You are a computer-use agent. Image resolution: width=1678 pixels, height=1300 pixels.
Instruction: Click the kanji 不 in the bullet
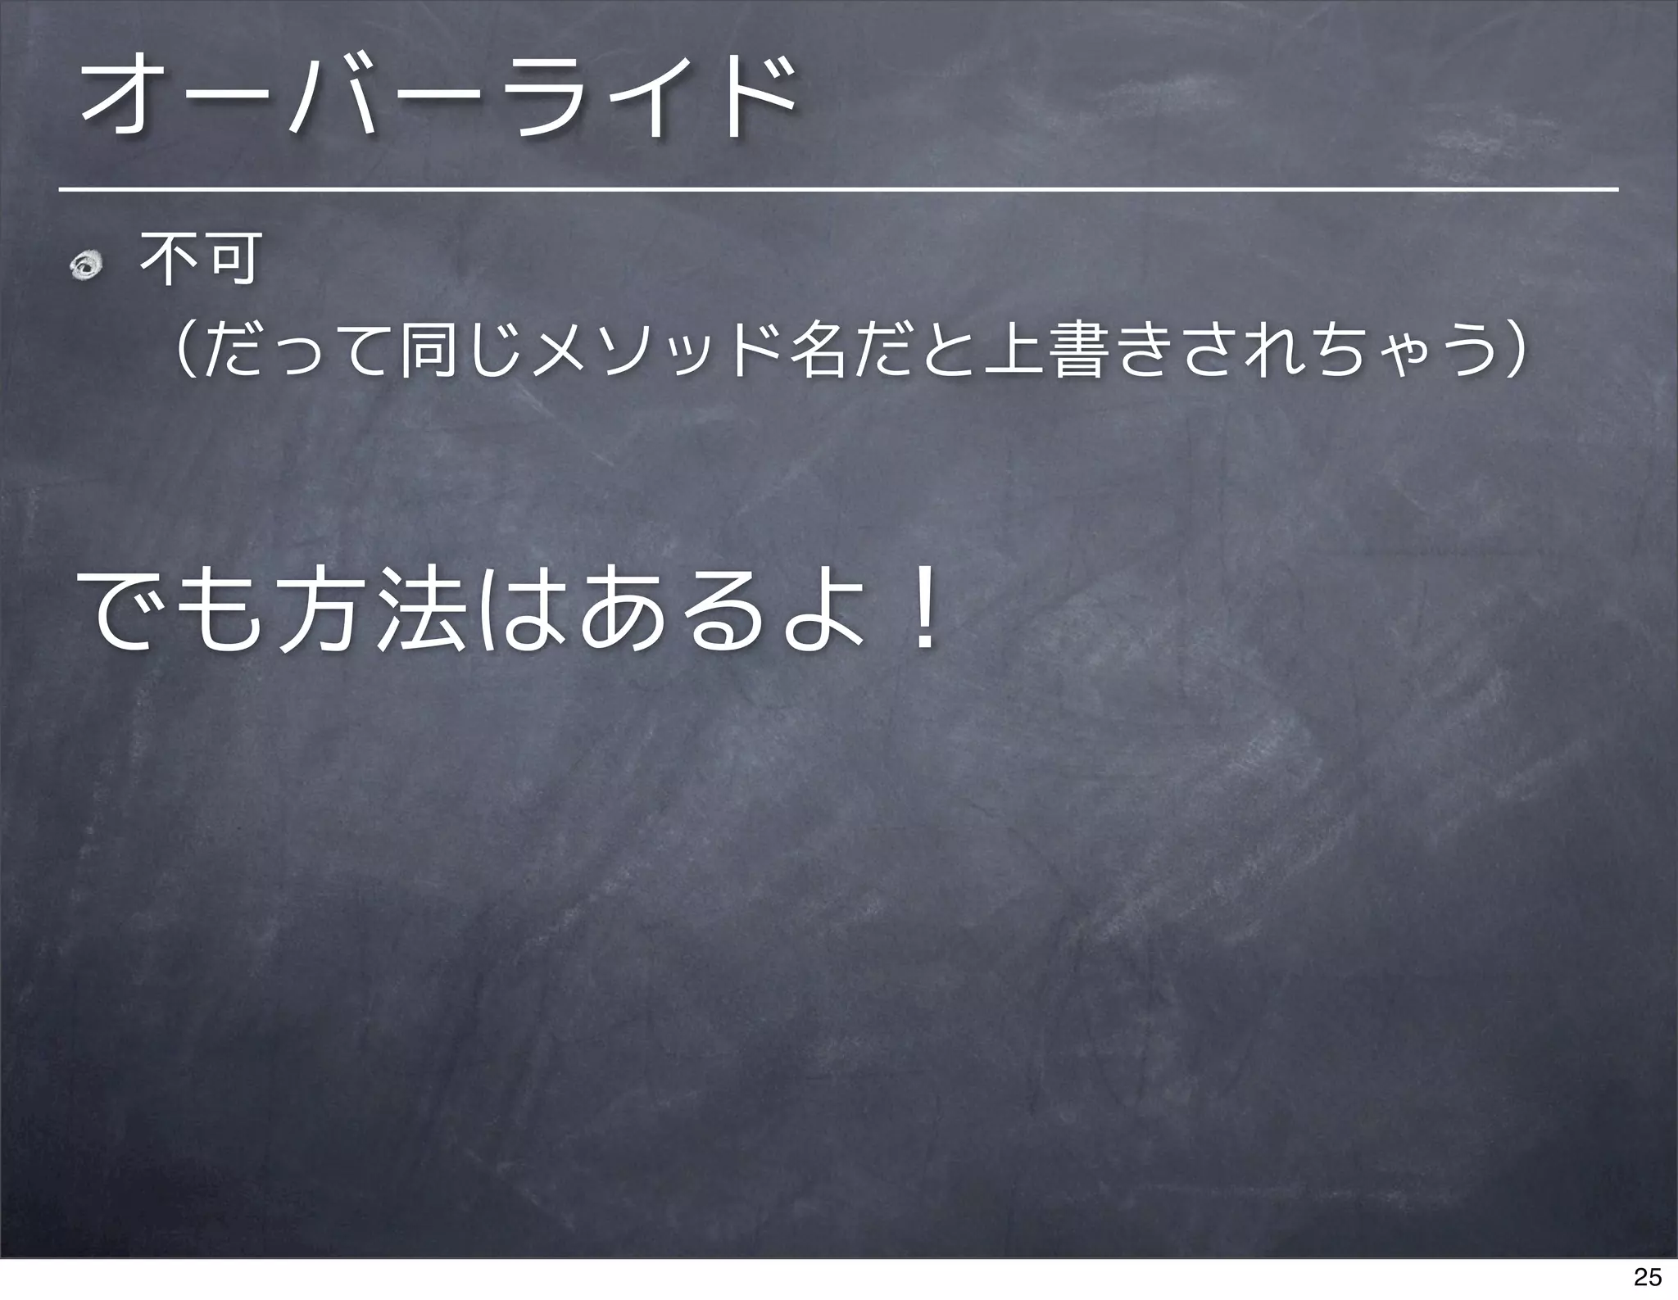coord(169,258)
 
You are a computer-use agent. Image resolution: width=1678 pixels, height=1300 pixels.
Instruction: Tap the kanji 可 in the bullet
coord(232,258)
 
